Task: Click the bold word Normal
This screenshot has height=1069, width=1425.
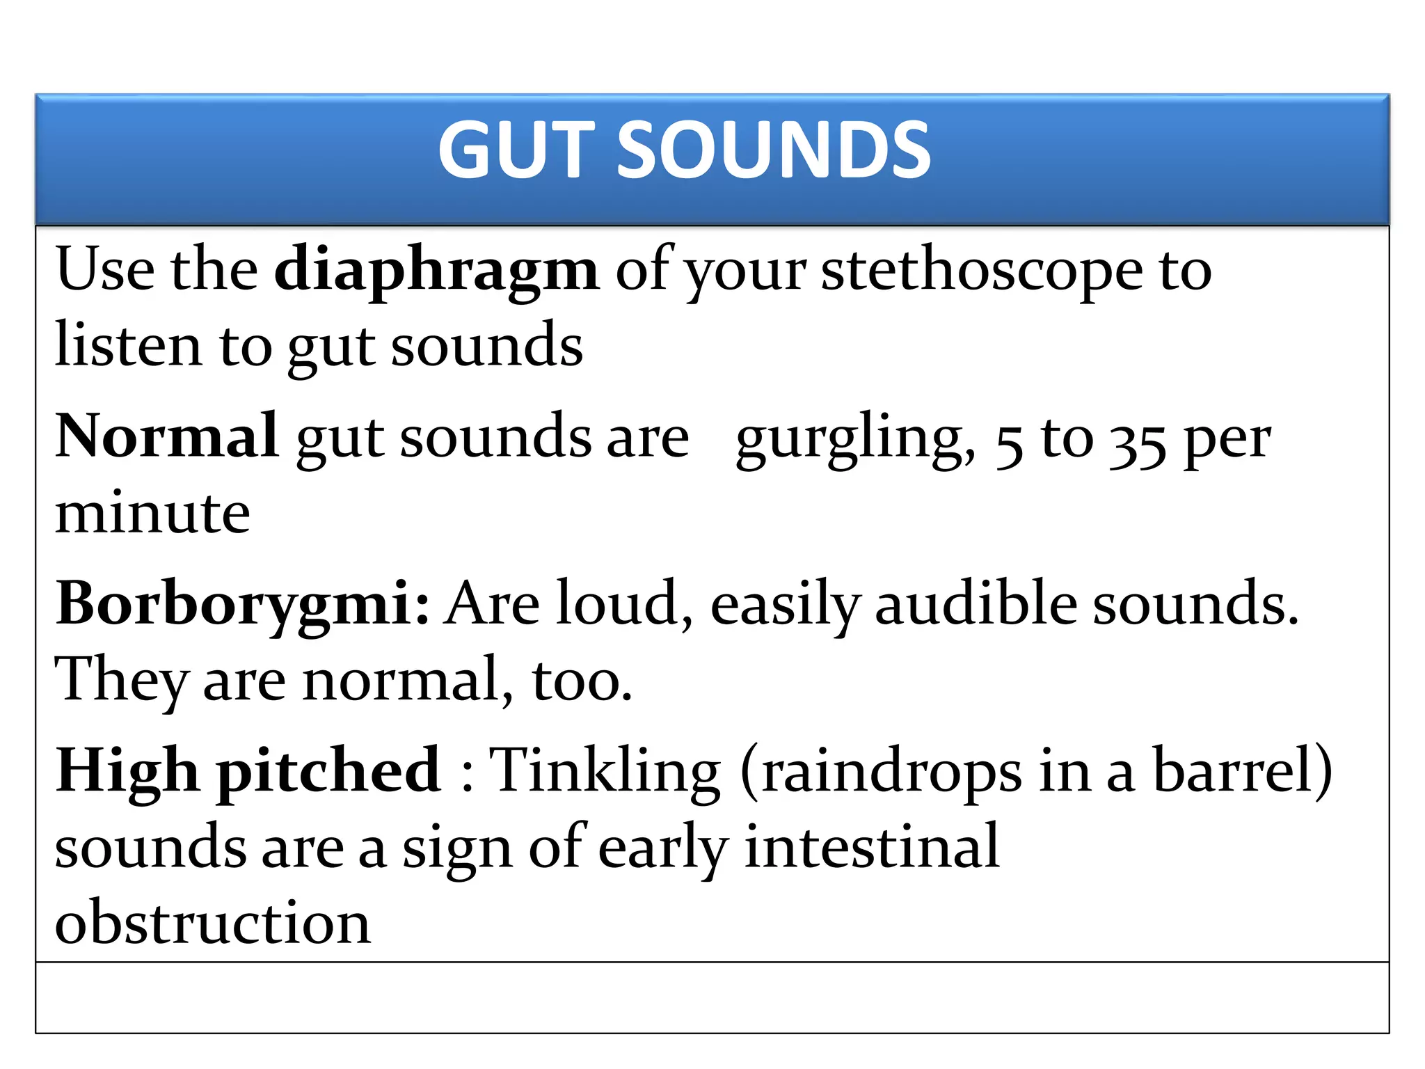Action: click(x=167, y=436)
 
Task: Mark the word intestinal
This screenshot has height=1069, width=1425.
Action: click(x=872, y=847)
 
